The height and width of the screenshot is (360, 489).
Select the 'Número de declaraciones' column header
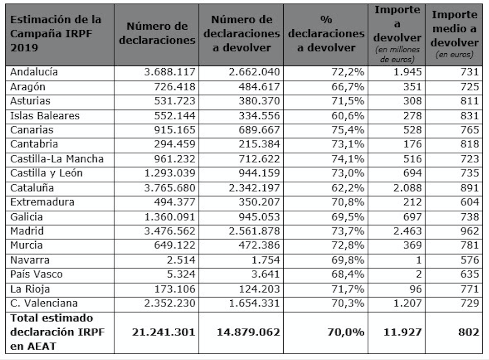coord(157,33)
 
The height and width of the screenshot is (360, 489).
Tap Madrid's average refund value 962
coord(469,231)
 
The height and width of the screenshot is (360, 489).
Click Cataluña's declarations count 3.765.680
coord(170,188)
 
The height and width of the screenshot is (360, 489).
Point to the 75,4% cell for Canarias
coord(348,130)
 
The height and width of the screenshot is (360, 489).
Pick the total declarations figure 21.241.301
coord(164,332)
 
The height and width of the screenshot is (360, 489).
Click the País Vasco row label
coord(36,274)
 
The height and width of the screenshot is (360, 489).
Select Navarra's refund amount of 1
coord(419,260)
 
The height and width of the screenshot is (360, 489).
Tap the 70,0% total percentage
coord(346,332)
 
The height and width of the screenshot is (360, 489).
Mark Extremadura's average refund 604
coord(469,202)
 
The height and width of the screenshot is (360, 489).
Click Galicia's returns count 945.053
coord(259,217)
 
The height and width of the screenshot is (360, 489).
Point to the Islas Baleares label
coord(45,116)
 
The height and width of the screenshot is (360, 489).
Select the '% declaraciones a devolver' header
coord(326,33)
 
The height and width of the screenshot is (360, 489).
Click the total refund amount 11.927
coord(403,332)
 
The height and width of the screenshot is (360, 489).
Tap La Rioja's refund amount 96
coord(415,289)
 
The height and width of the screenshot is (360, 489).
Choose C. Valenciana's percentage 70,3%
coord(348,303)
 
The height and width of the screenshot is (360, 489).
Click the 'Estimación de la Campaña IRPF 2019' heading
coord(56,33)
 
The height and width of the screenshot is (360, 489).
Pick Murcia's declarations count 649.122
coord(175,245)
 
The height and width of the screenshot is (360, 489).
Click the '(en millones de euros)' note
coord(397,55)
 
